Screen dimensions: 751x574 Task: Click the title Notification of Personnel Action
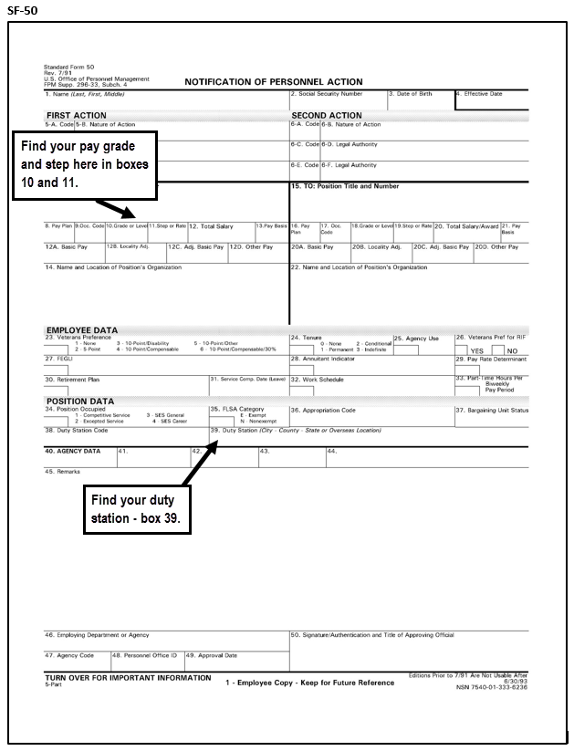pyautogui.click(x=273, y=82)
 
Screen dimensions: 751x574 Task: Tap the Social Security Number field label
pyautogui.click(x=326, y=94)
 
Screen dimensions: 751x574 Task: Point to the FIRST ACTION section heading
pyautogui.click(x=77, y=116)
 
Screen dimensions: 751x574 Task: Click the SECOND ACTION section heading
pyautogui.click(x=326, y=116)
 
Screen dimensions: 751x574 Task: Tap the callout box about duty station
pyautogui.click(x=138, y=508)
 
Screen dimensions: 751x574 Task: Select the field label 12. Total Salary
pyautogui.click(x=211, y=226)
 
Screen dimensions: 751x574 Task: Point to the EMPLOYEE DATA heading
pyautogui.click(x=81, y=329)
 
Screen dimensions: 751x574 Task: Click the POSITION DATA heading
pyautogui.click(x=79, y=402)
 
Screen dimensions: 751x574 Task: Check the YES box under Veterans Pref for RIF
pyautogui.click(x=462, y=350)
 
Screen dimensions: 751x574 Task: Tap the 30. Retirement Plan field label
pyautogui.click(x=72, y=380)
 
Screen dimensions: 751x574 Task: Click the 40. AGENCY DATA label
pyautogui.click(x=72, y=451)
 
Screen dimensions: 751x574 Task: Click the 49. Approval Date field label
pyautogui.click(x=212, y=655)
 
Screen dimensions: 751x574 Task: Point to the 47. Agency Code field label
pyautogui.click(x=69, y=655)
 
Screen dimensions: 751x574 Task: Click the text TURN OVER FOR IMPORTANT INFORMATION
pyautogui.click(x=128, y=678)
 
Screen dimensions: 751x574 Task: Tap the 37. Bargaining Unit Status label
pyautogui.click(x=492, y=411)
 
